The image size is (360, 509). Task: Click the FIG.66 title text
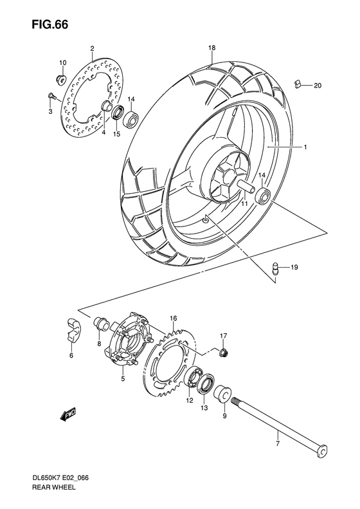click(x=39, y=24)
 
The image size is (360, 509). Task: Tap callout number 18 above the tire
click(x=211, y=48)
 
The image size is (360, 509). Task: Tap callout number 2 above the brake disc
click(x=92, y=48)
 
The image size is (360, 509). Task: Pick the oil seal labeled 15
click(x=118, y=115)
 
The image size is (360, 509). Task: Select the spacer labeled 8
click(x=100, y=323)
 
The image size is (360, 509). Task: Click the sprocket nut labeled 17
click(x=223, y=352)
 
